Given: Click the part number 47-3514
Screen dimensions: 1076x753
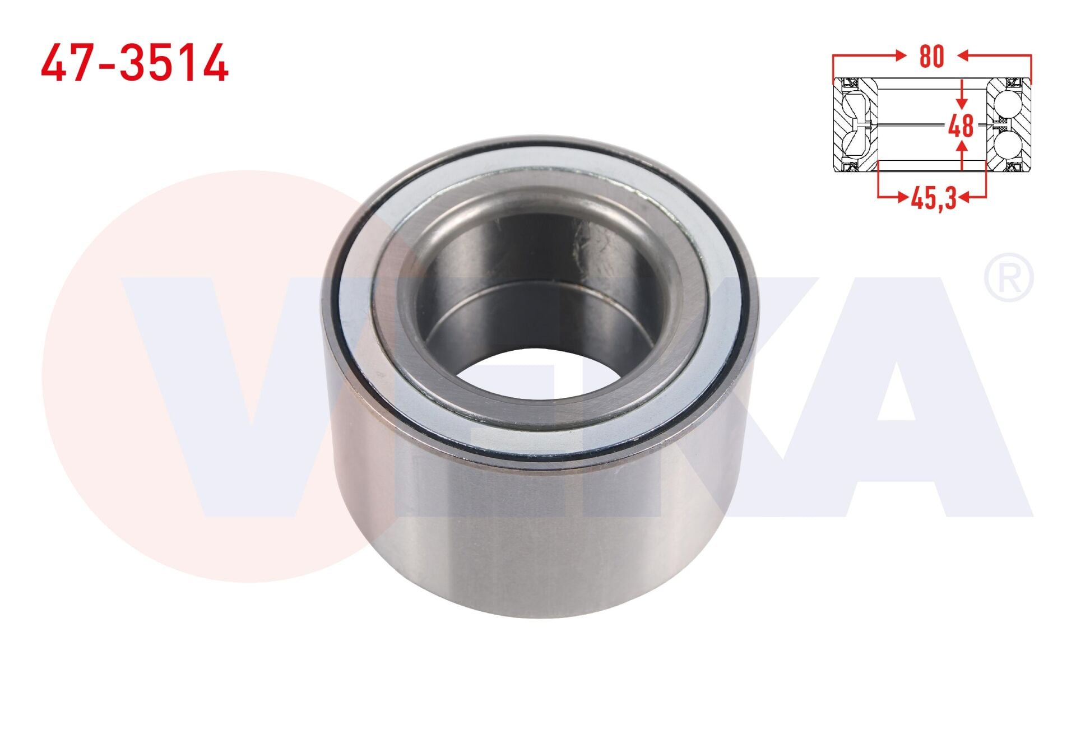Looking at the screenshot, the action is [x=134, y=63].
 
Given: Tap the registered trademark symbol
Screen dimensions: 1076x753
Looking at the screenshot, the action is [x=1009, y=278].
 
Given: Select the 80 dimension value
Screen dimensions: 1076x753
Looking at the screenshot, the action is [x=931, y=57].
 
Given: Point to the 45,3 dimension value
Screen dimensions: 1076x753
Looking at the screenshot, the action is [x=934, y=198].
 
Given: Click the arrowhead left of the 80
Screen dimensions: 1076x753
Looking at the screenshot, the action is [x=901, y=55].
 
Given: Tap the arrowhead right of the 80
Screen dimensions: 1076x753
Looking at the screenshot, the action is [x=963, y=55].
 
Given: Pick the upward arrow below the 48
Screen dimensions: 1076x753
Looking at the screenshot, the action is [x=962, y=155].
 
